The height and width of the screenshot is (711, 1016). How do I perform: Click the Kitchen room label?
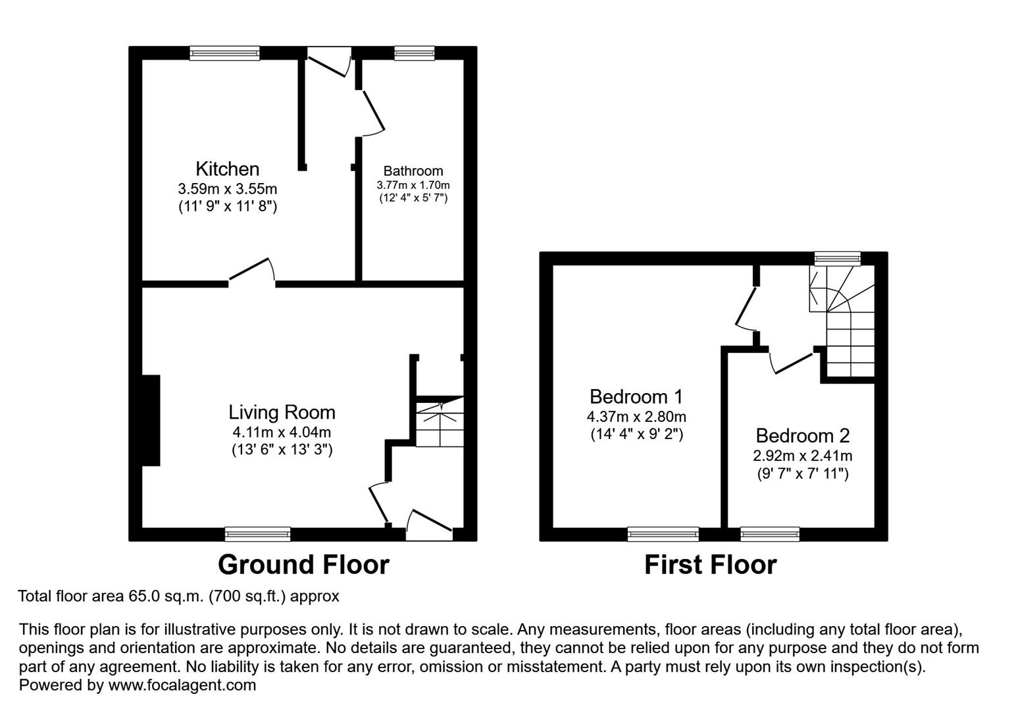(227, 169)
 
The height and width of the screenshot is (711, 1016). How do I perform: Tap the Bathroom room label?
(413, 171)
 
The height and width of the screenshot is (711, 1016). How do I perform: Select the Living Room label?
(282, 412)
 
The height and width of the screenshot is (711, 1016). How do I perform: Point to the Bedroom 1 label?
(636, 397)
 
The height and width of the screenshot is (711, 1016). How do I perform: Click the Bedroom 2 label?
(802, 436)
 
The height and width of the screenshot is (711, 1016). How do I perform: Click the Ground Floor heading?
(303, 565)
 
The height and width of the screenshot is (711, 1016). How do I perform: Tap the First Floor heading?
(710, 565)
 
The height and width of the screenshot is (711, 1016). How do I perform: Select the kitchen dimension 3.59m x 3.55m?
(227, 189)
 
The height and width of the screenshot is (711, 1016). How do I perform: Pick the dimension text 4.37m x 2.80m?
(636, 417)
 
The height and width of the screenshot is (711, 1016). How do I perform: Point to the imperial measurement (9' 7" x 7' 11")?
(802, 473)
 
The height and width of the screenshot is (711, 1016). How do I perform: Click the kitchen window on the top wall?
(224, 53)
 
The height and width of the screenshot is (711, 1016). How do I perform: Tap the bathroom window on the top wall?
(415, 53)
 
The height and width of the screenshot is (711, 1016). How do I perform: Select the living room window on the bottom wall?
(257, 534)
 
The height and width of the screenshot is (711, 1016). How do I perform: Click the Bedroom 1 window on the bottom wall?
(663, 534)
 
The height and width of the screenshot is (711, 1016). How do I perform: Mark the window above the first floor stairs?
(837, 258)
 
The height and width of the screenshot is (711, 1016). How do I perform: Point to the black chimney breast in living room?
(151, 420)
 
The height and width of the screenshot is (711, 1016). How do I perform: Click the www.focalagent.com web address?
(182, 685)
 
